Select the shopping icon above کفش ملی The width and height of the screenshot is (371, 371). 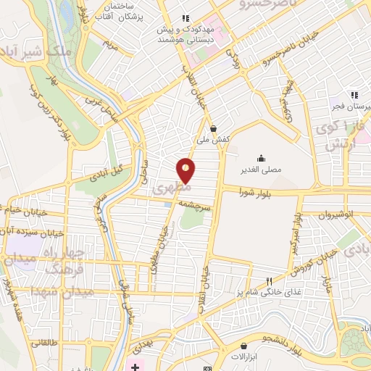212,128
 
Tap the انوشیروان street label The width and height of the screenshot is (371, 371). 335,214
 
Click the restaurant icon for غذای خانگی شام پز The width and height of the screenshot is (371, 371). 269,280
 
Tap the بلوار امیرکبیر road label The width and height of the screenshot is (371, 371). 295,232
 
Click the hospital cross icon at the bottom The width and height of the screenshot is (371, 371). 135,362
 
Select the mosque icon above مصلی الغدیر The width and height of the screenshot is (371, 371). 261,157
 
